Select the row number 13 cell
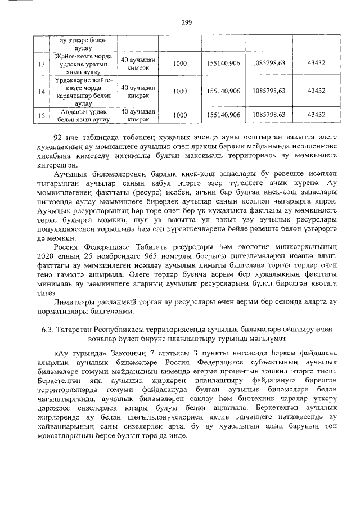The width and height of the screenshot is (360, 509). pos(40,64)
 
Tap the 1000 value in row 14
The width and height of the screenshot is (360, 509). pos(180,91)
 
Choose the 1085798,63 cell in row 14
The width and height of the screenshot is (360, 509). pos(269,91)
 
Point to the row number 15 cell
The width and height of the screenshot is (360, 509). pos(40,115)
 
